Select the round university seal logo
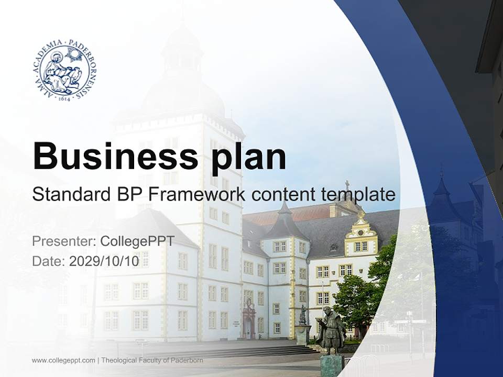pos(65,71)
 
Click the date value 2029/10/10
pos(104,261)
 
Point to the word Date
pos(49,261)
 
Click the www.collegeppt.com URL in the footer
pos(63,360)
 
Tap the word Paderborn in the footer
pos(184,360)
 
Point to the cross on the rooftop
pos(347,185)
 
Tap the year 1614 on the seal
pos(65,97)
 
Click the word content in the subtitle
pos(279,195)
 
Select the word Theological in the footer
pos(118,360)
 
